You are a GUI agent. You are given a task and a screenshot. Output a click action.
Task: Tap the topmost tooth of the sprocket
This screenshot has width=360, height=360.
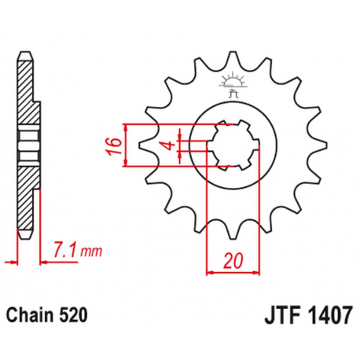[x=232, y=59]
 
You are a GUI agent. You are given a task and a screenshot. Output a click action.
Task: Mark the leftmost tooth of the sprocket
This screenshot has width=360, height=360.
[x=145, y=146]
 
